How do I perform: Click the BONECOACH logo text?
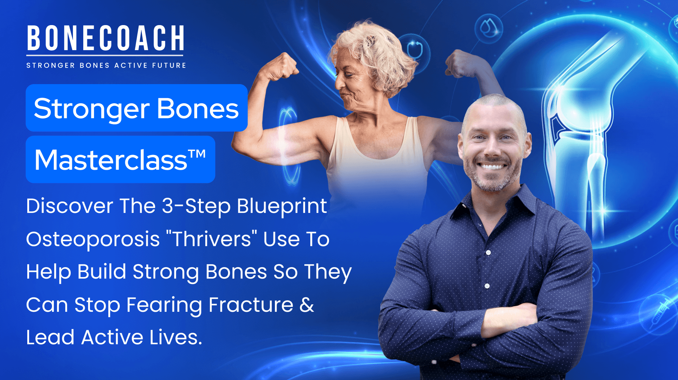[105, 38]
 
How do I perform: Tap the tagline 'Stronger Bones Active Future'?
[106, 66]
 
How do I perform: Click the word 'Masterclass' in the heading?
[111, 160]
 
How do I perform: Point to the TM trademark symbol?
[197, 154]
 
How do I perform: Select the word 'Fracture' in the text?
[251, 305]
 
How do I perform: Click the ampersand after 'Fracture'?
[307, 305]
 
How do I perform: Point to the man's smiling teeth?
[492, 166]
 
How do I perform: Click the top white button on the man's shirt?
[489, 252]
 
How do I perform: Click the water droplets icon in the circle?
[489, 28]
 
